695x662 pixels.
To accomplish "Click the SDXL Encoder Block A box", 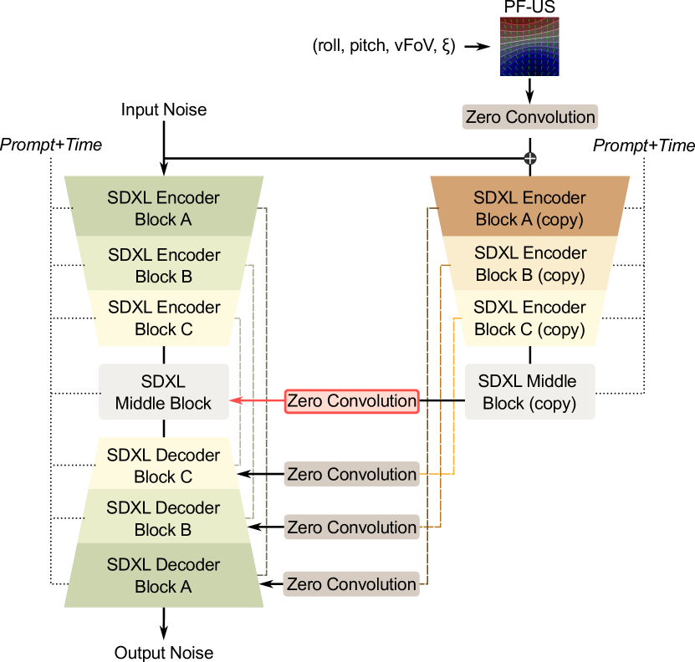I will tap(164, 208).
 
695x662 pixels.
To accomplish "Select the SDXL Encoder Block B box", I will tap(164, 265).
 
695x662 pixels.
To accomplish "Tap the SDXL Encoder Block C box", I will tap(164, 318).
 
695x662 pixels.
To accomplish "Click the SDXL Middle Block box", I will tap(164, 392).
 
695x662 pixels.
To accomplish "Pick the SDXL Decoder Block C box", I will tap(164, 466).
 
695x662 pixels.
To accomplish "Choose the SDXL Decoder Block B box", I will tap(164, 518).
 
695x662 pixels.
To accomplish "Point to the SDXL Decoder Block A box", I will tap(164, 575).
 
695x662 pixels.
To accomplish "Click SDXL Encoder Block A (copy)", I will tap(529, 208).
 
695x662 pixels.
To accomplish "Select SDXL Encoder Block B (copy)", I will tap(529, 263).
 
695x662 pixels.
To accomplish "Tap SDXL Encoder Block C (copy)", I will tap(529, 318).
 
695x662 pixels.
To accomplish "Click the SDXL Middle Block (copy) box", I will tap(529, 392).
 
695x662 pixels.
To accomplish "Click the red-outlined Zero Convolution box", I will tap(351, 401).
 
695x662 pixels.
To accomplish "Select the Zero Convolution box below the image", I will tap(529, 117).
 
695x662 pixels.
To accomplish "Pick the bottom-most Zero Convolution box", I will tap(351, 584).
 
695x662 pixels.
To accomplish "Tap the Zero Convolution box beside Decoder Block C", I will tap(351, 474).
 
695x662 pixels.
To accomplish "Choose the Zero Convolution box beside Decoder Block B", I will tap(351, 527).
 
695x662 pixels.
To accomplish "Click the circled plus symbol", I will tap(529, 158).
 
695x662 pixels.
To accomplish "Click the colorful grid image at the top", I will tap(529, 46).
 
